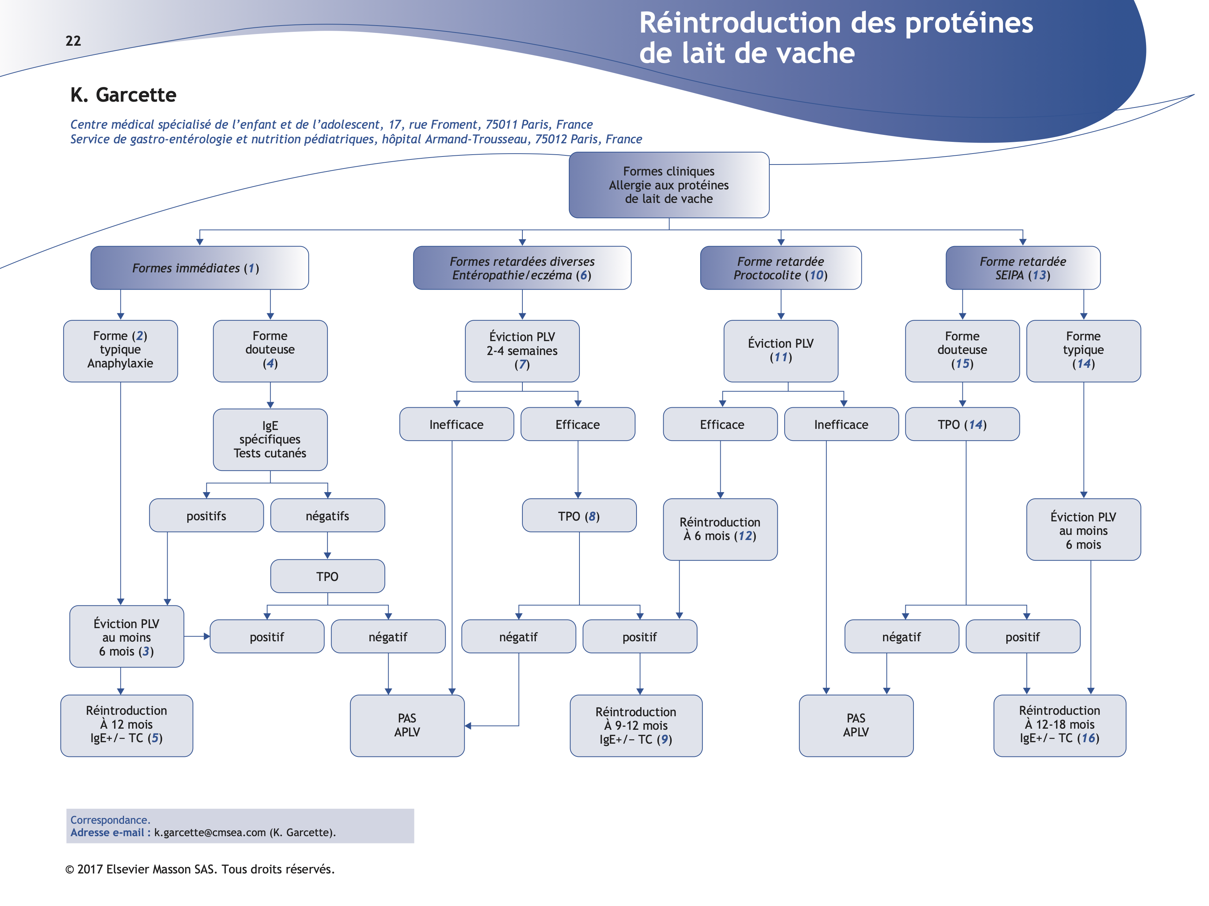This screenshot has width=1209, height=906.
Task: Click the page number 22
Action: click(73, 41)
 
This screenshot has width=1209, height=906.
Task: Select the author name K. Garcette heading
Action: click(123, 95)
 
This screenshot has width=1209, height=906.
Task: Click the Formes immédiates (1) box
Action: click(199, 268)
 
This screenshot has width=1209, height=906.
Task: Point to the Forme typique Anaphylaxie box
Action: click(120, 350)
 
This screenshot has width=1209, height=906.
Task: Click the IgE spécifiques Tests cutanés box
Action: click(270, 439)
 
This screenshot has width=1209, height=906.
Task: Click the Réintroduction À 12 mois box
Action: click(126, 725)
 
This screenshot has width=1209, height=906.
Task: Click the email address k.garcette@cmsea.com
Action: click(210, 832)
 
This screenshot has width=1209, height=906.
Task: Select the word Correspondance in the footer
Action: click(109, 820)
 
